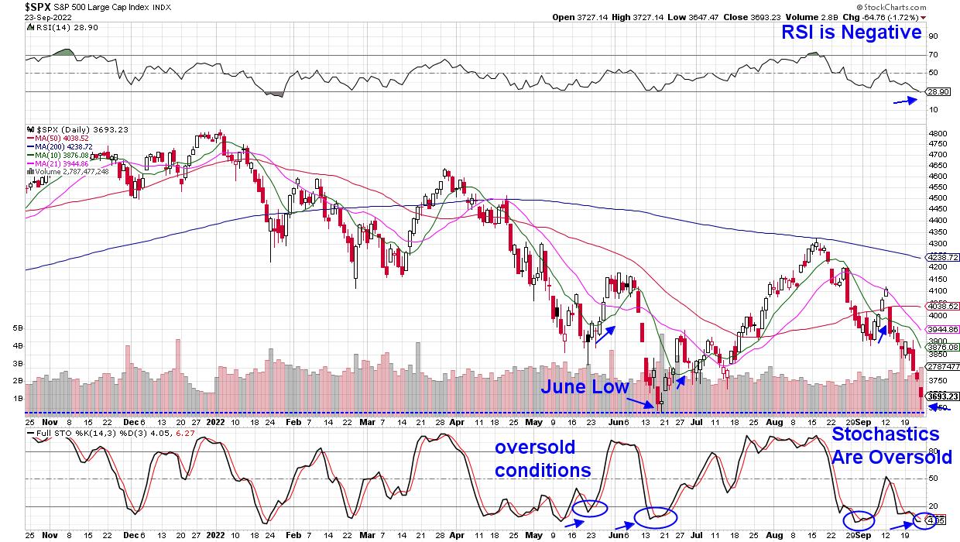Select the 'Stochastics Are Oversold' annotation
point(891,446)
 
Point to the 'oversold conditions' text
point(543,459)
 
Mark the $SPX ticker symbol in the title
point(37,6)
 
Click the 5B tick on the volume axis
point(17,328)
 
